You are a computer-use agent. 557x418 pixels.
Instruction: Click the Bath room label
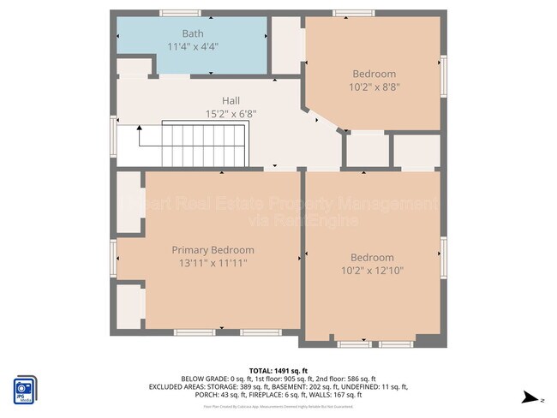tap(193, 33)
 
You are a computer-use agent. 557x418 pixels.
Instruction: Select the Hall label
tap(231, 100)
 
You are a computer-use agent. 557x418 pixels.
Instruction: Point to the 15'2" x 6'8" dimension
tap(231, 113)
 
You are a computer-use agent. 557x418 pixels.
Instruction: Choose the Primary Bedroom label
tap(213, 250)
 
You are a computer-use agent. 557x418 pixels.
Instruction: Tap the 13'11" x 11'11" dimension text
tap(213, 263)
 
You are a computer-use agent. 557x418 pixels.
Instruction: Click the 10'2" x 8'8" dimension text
tap(374, 87)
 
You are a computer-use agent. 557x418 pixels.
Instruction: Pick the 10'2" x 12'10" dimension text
tap(372, 270)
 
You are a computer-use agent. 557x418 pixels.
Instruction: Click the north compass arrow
tap(533, 397)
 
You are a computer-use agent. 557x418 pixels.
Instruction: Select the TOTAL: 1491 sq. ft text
tap(278, 369)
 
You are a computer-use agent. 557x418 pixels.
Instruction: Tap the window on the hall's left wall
tap(112, 135)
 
